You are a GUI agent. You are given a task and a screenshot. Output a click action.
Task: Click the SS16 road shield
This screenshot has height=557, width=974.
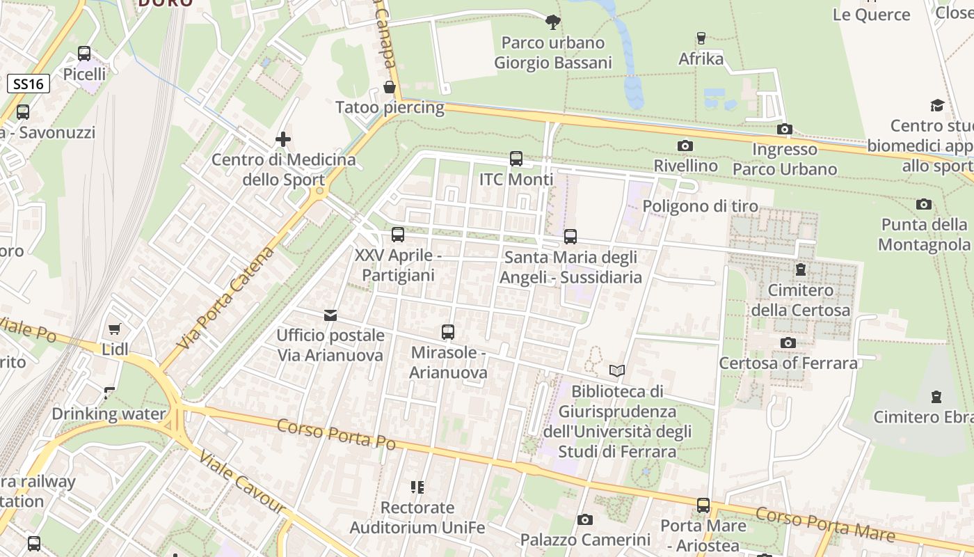[29, 84]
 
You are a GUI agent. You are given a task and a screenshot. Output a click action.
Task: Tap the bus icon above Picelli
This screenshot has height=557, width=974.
[84, 53]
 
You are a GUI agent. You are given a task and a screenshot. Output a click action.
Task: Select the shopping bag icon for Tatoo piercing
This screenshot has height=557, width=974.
[390, 87]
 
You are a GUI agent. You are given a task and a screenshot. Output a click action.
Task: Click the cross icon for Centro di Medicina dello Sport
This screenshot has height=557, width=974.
[283, 139]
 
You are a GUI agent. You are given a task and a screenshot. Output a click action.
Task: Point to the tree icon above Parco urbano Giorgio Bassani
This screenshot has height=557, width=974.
[553, 22]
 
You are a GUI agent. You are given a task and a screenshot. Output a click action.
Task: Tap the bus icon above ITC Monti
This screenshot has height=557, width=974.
[516, 159]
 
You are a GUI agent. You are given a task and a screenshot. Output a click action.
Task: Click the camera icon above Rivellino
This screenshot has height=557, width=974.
[685, 146]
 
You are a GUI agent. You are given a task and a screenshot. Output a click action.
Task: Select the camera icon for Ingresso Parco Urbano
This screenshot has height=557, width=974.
[785, 129]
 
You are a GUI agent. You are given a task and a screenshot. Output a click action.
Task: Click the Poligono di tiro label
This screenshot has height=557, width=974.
[700, 207]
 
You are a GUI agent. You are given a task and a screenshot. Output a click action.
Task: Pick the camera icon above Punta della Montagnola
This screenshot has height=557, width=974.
[924, 204]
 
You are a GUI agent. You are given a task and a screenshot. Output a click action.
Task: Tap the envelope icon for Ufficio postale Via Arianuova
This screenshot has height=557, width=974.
[330, 315]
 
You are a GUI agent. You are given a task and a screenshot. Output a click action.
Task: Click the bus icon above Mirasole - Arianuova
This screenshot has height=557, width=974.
[447, 332]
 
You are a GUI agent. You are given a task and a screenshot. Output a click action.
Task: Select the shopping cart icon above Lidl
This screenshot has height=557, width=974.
[115, 329]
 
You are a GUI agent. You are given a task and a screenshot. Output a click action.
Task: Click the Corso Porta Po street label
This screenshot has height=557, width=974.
[336, 434]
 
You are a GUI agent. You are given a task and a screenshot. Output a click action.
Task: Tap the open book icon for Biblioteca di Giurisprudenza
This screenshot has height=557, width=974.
[617, 370]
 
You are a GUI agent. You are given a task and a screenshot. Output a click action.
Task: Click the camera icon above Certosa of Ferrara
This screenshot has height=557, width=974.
[788, 343]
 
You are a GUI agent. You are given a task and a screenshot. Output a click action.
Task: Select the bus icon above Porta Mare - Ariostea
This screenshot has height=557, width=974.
[703, 505]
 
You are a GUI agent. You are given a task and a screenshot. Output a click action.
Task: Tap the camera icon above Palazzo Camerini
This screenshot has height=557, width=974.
[585, 519]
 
